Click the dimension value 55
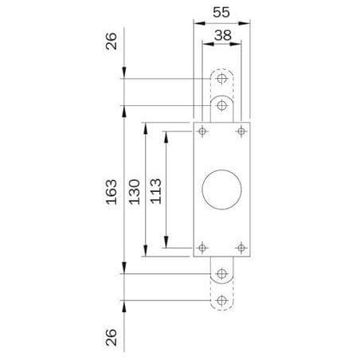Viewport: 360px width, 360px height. click(x=221, y=13)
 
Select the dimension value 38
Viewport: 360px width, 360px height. click(x=223, y=35)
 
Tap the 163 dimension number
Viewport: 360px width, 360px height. click(x=112, y=192)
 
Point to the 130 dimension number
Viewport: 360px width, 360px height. click(x=135, y=192)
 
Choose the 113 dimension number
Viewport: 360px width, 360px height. click(x=156, y=191)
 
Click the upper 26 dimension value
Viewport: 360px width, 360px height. click(x=112, y=41)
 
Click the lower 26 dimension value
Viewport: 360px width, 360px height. click(x=112, y=338)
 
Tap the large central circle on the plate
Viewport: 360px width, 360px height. click(x=221, y=190)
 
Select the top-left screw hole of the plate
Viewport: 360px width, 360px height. click(x=202, y=131)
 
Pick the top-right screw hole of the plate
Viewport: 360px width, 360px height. click(x=241, y=131)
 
